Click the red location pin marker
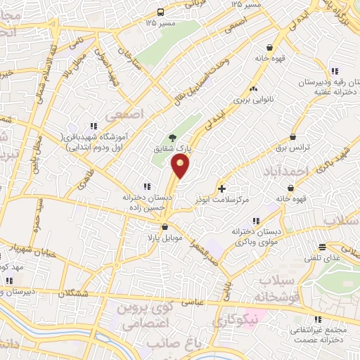pyautogui.click(x=181, y=166)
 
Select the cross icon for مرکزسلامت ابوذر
pyautogui.click(x=222, y=188)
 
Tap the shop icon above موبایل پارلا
pyautogui.click(x=165, y=226)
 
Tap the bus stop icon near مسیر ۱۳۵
pyautogui.click(x=160, y=12)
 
